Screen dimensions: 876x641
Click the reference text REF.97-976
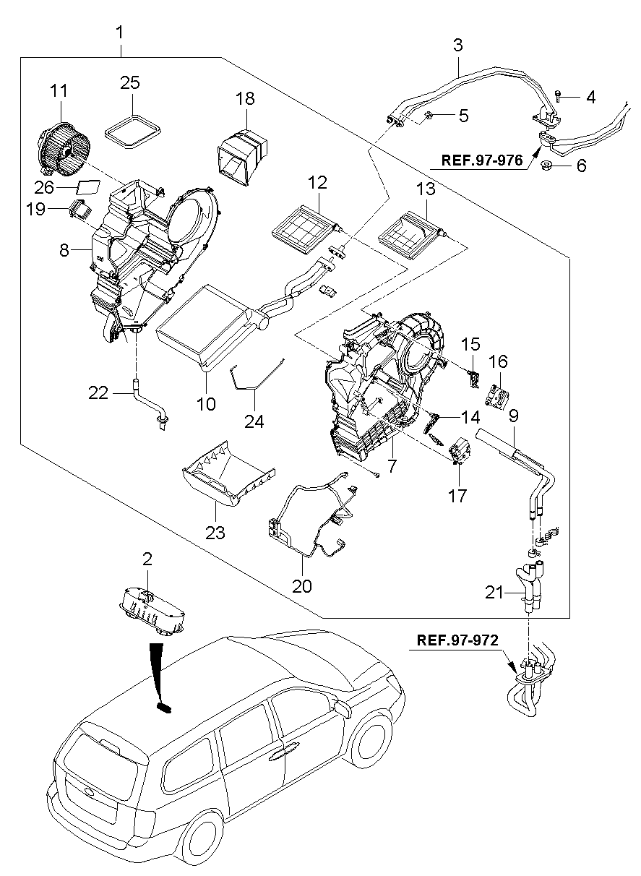(478, 160)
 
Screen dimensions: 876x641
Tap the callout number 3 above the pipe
(457, 45)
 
